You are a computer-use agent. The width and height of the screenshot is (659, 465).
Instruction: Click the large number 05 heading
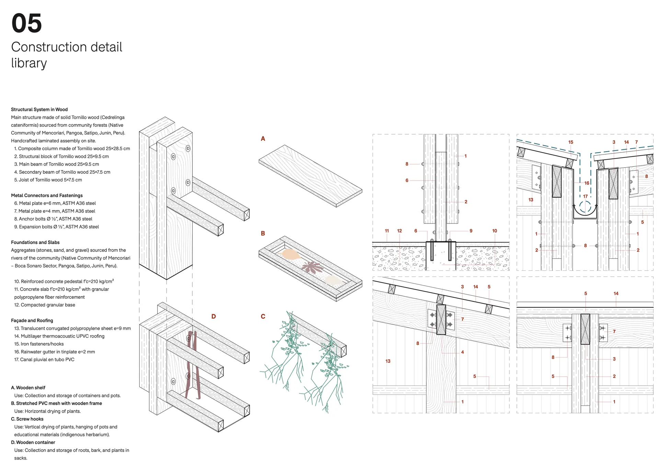tap(26, 23)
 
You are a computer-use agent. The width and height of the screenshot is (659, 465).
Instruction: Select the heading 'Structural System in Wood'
tap(39, 110)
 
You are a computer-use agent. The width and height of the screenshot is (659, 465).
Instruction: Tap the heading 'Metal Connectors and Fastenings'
tap(47, 196)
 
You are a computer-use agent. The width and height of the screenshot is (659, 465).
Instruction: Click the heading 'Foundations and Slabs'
tap(35, 243)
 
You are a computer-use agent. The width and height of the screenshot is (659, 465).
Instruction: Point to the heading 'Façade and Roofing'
tap(32, 321)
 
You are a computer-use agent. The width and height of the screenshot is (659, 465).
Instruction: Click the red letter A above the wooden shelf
tap(263, 139)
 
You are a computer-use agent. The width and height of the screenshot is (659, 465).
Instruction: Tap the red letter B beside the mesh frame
tap(263, 233)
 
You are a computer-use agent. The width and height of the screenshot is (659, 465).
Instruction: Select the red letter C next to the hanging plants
tap(263, 316)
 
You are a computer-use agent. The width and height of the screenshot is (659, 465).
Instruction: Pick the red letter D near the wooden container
tap(213, 316)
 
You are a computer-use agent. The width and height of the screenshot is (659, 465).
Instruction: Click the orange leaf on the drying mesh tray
tap(290, 254)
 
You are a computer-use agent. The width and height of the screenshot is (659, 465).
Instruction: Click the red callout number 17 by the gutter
tap(585, 196)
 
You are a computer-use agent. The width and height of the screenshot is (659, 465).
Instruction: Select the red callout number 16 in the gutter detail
tap(587, 183)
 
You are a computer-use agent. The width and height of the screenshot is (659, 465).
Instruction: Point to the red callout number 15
tap(570, 142)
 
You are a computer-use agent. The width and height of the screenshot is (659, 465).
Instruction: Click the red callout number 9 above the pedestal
tap(471, 231)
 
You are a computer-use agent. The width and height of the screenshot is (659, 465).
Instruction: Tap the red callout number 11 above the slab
tap(387, 231)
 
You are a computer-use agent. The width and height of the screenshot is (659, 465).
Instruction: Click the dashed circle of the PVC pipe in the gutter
tap(585, 207)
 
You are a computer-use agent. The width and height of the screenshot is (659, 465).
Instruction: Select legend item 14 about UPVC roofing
tap(59, 336)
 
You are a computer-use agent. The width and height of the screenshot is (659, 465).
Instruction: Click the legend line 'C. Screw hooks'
tap(27, 419)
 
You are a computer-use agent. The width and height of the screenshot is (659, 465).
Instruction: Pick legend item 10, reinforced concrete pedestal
tap(64, 281)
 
